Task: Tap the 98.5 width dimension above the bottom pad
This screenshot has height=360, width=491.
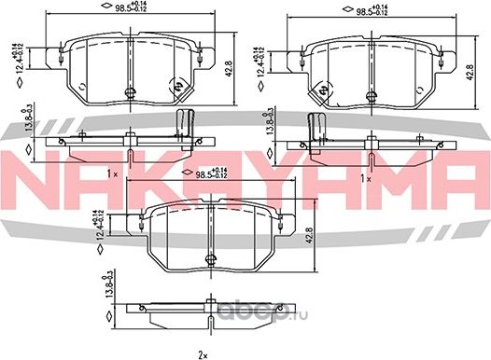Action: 205,174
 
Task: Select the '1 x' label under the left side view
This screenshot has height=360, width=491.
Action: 112,174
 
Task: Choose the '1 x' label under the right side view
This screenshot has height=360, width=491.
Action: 365,177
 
